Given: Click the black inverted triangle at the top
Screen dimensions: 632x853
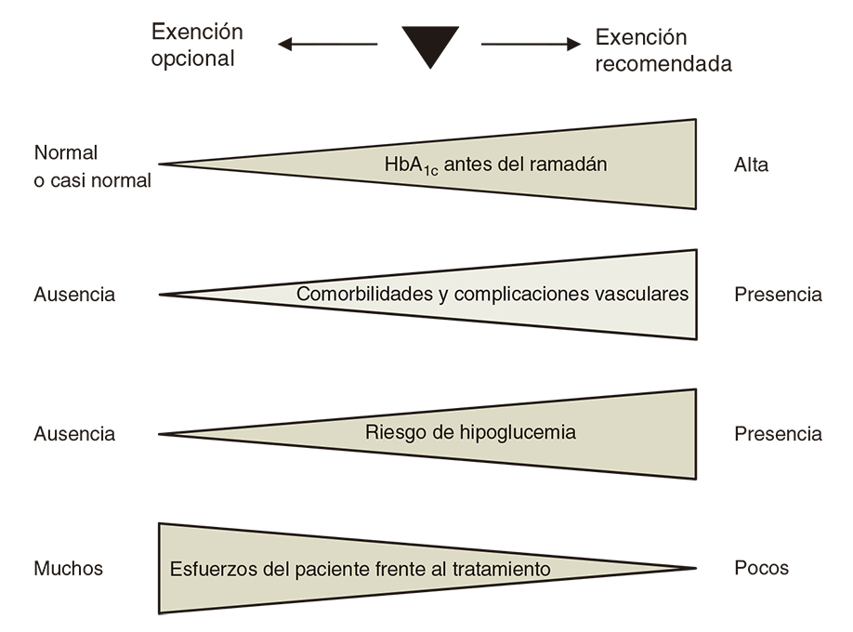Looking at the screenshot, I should tap(430, 44).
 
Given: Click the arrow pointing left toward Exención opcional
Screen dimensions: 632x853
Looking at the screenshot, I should tap(327, 44).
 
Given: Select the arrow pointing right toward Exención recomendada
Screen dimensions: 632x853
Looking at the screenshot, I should tap(531, 44).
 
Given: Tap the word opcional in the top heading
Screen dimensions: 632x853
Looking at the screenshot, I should tap(193, 59).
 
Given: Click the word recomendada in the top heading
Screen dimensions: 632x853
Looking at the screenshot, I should tap(663, 64).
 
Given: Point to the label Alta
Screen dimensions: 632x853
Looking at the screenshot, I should tap(751, 165).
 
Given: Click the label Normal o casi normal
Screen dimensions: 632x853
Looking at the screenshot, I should tap(91, 166).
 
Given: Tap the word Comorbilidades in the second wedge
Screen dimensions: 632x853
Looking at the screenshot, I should tap(362, 295).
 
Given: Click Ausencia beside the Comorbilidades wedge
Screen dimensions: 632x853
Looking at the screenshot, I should tap(74, 295).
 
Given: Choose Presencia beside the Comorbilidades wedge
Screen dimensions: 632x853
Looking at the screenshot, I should tap(778, 295).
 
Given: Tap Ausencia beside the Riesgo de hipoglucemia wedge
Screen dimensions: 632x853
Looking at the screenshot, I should tap(74, 434).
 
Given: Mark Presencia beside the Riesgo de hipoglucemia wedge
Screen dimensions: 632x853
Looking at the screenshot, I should tap(778, 434).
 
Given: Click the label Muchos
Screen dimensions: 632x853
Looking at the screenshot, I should tap(69, 568).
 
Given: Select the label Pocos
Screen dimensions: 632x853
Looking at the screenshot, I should tap(760, 568).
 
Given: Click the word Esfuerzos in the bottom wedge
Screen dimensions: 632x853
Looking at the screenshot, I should tap(210, 569).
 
